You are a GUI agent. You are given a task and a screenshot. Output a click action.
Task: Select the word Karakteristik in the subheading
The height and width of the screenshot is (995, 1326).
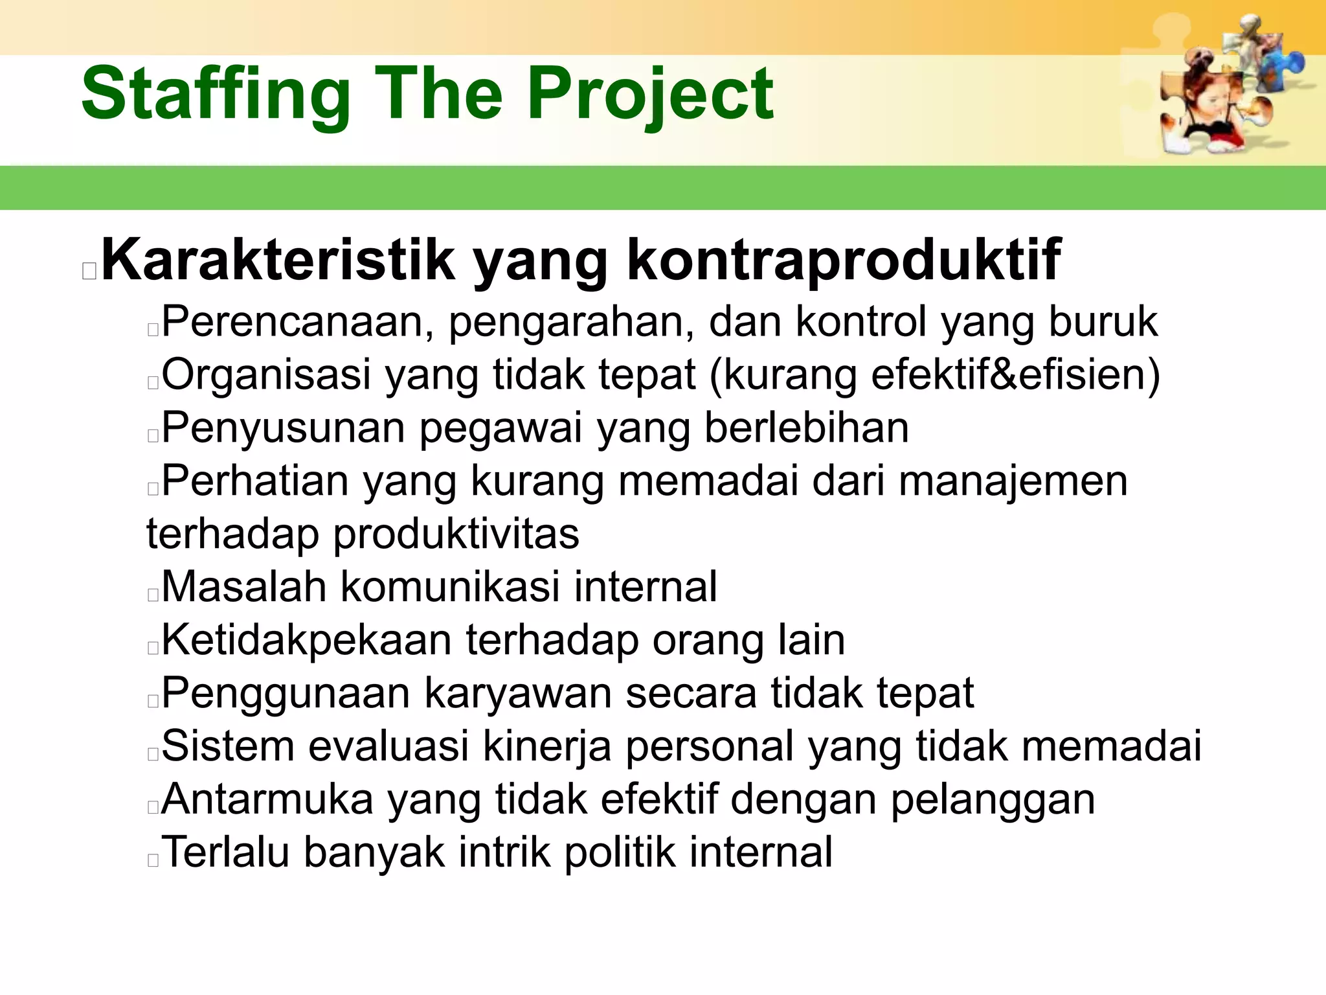click(x=278, y=260)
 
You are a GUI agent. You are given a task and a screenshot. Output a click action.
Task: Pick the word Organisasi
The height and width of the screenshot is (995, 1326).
click(x=266, y=375)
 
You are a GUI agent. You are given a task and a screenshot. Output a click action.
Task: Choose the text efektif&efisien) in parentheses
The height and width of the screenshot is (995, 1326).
click(x=1016, y=375)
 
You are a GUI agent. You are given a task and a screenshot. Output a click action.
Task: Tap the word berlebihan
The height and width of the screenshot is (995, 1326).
click(x=807, y=428)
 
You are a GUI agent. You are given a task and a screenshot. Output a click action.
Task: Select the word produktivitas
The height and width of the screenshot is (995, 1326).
click(x=456, y=534)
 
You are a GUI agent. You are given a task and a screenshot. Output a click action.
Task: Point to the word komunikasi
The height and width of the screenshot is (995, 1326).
click(x=450, y=587)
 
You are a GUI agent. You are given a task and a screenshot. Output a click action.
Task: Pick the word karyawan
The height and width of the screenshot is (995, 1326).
click(x=517, y=693)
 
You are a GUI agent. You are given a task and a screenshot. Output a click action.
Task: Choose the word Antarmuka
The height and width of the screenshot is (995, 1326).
click(x=267, y=799)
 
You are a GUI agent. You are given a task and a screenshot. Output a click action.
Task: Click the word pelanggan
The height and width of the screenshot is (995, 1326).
click(x=993, y=799)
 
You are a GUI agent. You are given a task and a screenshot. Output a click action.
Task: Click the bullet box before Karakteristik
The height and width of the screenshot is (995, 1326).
click(x=89, y=271)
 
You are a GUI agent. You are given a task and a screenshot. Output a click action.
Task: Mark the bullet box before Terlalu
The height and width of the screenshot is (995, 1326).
click(x=153, y=860)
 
